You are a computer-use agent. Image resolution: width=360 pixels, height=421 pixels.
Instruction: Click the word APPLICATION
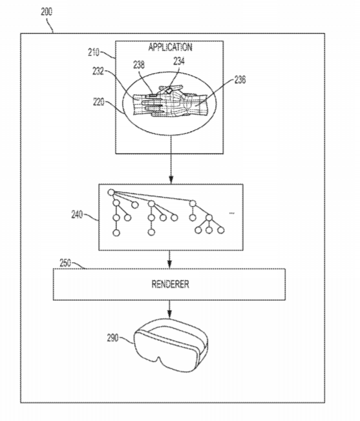(171, 47)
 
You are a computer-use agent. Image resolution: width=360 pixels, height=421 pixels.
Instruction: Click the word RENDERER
(171, 284)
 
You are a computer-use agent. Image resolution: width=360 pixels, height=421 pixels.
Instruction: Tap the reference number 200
(47, 12)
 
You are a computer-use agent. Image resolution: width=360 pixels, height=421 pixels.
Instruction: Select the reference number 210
(94, 52)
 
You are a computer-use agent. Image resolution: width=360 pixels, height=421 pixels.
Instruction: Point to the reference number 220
(99, 102)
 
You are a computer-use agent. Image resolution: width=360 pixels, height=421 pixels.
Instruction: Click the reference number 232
(98, 71)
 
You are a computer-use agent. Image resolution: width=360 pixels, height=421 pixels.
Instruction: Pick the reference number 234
(179, 61)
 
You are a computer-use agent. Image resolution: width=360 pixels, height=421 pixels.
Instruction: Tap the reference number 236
(240, 79)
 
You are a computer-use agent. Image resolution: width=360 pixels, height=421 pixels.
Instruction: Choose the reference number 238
(139, 65)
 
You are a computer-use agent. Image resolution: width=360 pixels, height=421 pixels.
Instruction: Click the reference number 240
(77, 214)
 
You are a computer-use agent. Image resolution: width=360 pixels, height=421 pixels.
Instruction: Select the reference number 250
(65, 263)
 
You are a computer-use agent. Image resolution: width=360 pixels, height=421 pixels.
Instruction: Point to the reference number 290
(113, 338)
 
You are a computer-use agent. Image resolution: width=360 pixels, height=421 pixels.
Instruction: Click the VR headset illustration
(171, 345)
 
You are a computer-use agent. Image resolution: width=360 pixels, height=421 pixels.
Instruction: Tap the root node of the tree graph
(111, 192)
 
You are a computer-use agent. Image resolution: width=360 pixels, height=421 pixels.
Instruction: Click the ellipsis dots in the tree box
(231, 213)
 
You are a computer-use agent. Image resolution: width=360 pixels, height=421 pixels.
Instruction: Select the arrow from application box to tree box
(171, 159)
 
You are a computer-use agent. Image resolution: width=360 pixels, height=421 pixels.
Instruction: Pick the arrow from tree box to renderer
(169, 260)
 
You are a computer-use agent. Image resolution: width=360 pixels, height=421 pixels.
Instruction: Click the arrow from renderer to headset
(169, 309)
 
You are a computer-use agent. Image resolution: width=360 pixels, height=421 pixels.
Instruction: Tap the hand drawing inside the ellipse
(171, 101)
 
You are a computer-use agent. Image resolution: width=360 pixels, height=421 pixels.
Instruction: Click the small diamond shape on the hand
(169, 90)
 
